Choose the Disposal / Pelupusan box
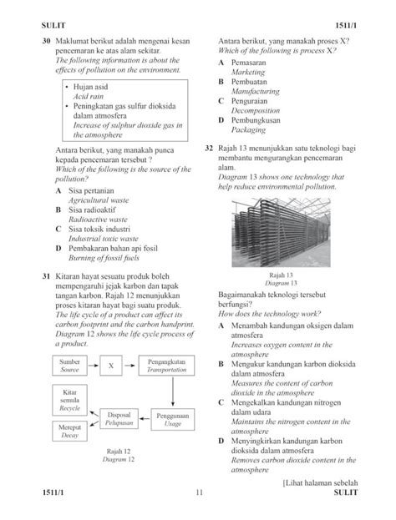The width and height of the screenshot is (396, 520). click(x=119, y=417)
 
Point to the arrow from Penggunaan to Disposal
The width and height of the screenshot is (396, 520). click(x=143, y=418)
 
